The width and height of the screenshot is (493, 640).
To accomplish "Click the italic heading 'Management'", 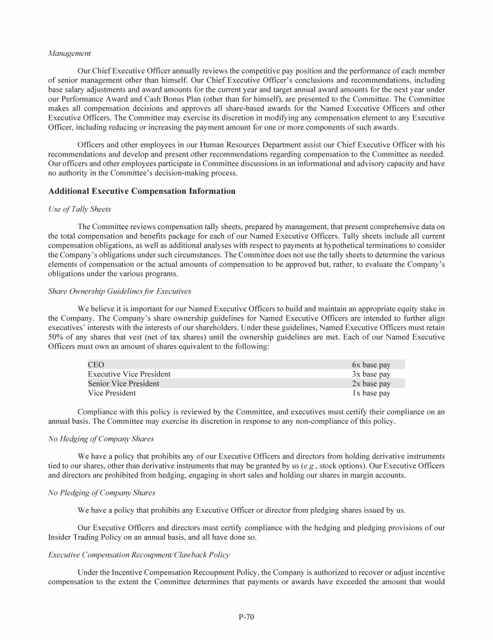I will [x=69, y=53].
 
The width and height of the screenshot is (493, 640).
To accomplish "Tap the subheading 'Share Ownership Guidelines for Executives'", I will [x=119, y=291].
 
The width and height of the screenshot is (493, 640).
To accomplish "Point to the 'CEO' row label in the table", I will [x=96, y=365].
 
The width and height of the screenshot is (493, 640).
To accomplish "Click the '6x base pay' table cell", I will [x=370, y=365].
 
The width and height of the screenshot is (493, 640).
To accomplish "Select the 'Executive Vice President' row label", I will [x=129, y=374].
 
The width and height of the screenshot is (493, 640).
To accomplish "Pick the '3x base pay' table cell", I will [x=370, y=374].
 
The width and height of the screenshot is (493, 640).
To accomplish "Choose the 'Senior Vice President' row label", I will [x=123, y=384].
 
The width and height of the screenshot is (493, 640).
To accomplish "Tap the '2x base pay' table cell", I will [x=370, y=384].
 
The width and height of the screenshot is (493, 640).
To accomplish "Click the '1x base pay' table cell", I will [x=370, y=394].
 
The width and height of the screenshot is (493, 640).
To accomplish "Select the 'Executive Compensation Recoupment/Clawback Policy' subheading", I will [x=139, y=555].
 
